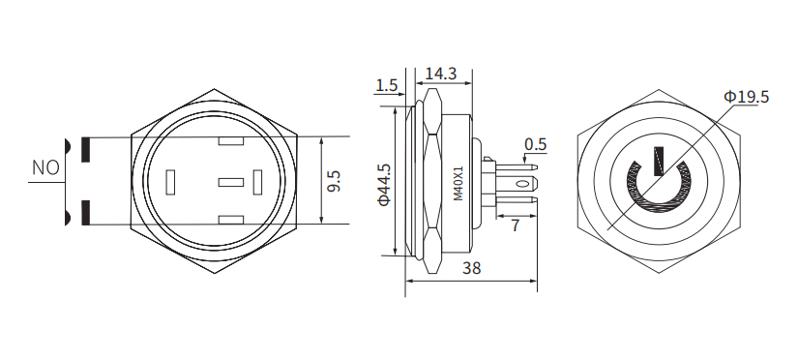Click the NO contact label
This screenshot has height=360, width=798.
pos(45,167)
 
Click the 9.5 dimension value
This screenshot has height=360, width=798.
pos(335,181)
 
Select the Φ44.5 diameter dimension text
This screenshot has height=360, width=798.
pos(384,184)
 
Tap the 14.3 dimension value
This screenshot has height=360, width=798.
pos(440,74)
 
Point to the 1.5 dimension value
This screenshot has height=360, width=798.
pos(386,86)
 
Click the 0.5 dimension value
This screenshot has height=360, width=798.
pos(535,145)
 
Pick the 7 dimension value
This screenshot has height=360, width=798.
pos(515,225)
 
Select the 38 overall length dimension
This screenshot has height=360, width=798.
pos(472,269)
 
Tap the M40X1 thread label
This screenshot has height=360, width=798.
pos(458,183)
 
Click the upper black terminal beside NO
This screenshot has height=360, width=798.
pos(85,150)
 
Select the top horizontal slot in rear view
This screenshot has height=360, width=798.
pos(230,143)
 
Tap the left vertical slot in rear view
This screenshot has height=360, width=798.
pos(172,182)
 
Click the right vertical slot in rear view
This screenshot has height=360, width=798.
pos(258,182)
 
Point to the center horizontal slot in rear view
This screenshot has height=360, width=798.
pos(230,182)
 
